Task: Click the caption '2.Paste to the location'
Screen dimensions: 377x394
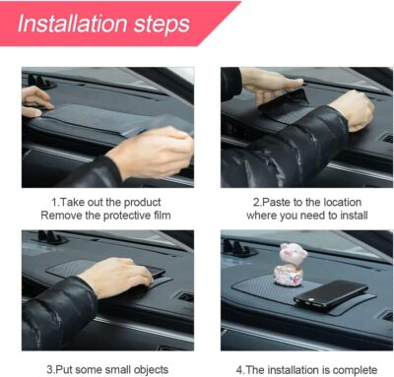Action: click(x=295, y=201)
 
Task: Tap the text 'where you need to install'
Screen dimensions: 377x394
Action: click(x=295, y=215)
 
